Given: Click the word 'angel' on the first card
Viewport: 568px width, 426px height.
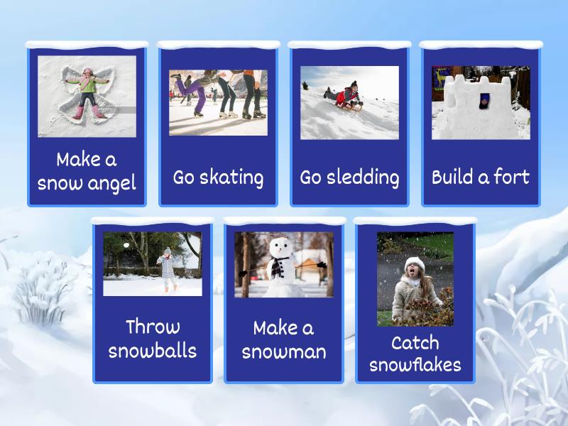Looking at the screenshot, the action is tap(111, 184).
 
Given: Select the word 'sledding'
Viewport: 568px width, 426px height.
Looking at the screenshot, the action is tap(363, 177).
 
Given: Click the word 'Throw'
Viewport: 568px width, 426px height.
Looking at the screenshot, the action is tap(153, 327).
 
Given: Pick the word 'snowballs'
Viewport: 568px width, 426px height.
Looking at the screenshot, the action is tap(153, 351).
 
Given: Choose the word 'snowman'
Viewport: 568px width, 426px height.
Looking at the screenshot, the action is tap(284, 352).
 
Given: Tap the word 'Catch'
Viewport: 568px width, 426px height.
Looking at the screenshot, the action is tap(415, 343).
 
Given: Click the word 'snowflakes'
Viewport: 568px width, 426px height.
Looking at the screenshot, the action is tap(415, 364).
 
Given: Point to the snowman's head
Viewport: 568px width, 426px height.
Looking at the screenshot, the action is tap(280, 247).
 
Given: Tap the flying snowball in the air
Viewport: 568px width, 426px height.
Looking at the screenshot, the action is tap(126, 245).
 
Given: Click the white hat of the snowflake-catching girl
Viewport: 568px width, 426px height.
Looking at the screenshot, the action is tap(415, 263).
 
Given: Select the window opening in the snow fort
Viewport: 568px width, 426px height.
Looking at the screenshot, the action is tap(485, 101).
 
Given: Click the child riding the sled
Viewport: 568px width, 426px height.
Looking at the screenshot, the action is tap(344, 94).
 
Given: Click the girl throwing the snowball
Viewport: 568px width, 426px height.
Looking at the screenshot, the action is tap(167, 268).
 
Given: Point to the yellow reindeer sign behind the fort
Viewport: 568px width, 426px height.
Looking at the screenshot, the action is tap(439, 77).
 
